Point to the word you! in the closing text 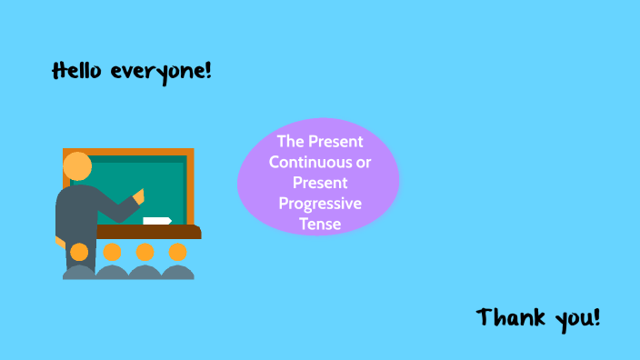578,319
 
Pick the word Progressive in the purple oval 320,203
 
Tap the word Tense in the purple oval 319,223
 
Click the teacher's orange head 78,166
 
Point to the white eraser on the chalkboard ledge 157,220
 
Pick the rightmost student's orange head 177,252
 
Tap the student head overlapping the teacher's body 79,252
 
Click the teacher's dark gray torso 76,214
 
